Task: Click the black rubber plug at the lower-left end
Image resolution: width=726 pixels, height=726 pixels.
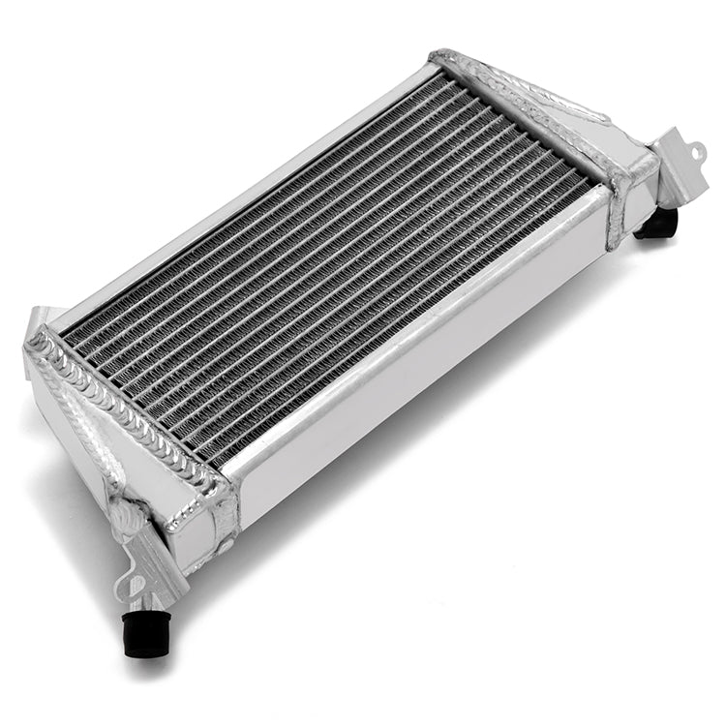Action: click(x=147, y=634)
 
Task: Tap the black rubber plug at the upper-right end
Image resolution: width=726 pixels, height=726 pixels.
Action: click(x=659, y=225)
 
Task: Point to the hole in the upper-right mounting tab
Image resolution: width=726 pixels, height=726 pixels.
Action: click(x=694, y=151)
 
